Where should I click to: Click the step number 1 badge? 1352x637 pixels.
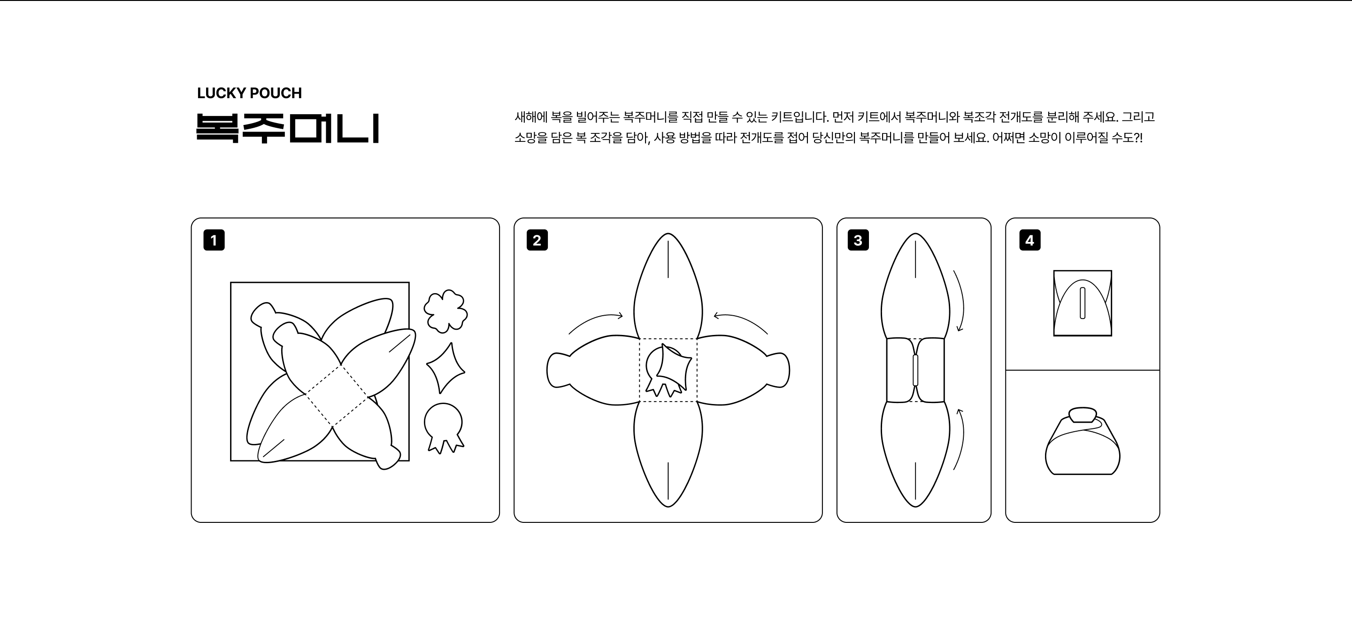(x=214, y=240)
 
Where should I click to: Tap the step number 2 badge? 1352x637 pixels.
(x=537, y=240)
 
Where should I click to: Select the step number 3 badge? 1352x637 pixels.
(x=858, y=240)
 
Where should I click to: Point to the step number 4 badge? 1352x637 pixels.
(x=1030, y=240)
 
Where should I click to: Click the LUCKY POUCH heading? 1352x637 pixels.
(x=249, y=93)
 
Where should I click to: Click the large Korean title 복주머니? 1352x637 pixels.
(x=288, y=128)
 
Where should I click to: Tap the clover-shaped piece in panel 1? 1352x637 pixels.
(x=446, y=311)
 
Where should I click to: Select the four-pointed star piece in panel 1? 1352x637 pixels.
(x=446, y=368)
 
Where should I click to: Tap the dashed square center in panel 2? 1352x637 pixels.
(x=668, y=370)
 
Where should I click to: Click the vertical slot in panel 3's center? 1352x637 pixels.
(x=915, y=370)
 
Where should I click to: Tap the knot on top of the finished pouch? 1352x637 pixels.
(x=1082, y=415)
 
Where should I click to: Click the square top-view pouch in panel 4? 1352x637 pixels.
(x=1082, y=303)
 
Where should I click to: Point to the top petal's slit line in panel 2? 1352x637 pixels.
(x=668, y=259)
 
